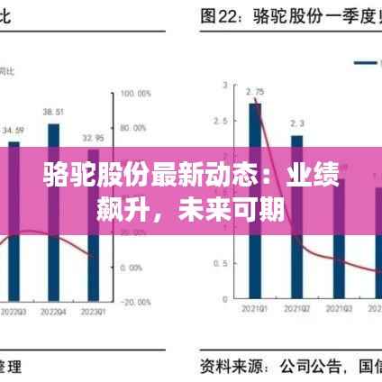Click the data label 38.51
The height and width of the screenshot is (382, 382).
52,112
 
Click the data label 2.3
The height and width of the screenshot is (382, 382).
297,123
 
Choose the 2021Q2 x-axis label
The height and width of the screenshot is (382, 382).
297,308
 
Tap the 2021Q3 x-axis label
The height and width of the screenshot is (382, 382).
338,308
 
